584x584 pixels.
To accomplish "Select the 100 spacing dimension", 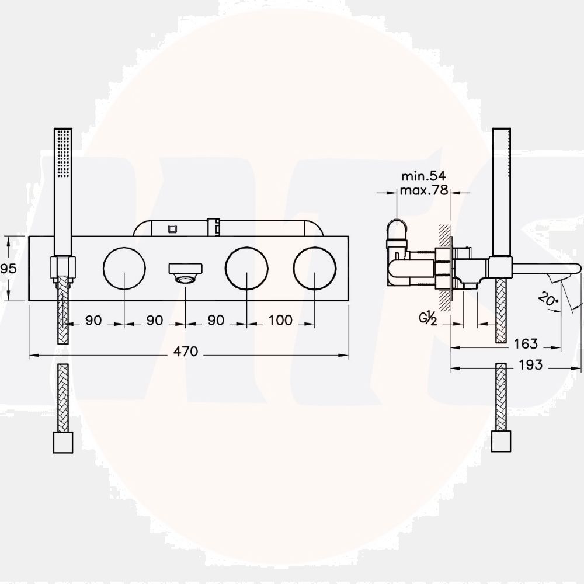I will click(281, 320).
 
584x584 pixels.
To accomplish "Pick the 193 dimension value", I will click(530, 365).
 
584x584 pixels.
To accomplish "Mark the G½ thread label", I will click(428, 319).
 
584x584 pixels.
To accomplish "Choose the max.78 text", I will click(423, 190).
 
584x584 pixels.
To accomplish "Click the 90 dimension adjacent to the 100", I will click(216, 320).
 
